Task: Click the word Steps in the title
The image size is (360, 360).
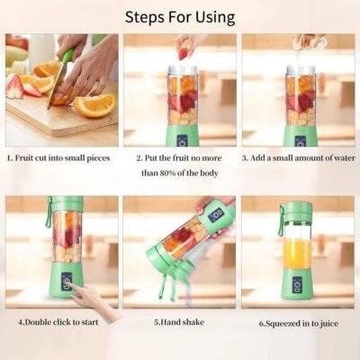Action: click(x=145, y=18)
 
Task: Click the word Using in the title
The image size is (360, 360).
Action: click(x=215, y=18)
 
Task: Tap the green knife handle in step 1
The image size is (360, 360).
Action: click(x=67, y=57)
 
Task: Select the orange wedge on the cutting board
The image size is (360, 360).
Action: click(x=94, y=105)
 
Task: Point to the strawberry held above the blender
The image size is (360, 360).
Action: click(x=184, y=53)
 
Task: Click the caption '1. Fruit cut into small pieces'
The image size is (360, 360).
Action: click(x=58, y=158)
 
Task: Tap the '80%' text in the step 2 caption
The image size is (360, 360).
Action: click(x=167, y=173)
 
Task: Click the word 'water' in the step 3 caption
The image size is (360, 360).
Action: click(x=344, y=158)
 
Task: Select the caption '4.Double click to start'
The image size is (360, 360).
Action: click(x=58, y=322)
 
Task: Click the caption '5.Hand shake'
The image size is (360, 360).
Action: click(x=179, y=322)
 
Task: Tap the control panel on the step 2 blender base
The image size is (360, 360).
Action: click(x=183, y=141)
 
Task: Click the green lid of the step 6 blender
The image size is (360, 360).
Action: click(x=296, y=212)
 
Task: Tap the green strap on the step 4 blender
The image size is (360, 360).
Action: click(x=49, y=212)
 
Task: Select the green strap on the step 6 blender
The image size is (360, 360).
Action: click(x=281, y=220)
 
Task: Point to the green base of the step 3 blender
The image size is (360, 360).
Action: click(x=301, y=138)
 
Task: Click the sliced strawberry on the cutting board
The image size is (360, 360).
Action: click(x=15, y=86)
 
